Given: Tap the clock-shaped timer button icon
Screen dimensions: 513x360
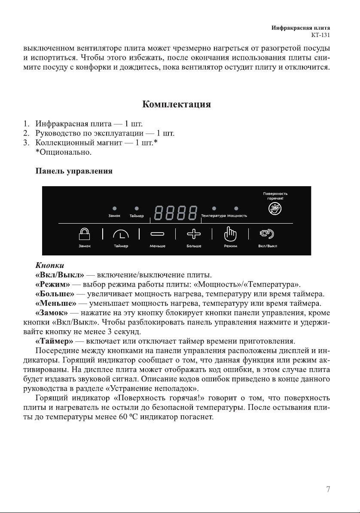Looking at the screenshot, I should (121, 234).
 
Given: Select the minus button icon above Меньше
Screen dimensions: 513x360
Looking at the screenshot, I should (157, 234).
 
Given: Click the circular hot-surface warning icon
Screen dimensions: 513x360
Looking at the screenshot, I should (275, 209).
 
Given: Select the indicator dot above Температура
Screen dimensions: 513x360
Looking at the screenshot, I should (214, 209).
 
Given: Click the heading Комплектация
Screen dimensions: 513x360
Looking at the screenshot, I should (176, 104).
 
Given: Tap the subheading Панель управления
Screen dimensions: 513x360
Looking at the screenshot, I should (74, 171).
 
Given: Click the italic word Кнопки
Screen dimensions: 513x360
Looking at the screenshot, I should (49, 265).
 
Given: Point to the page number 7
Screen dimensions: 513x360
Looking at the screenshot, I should (328, 489).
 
